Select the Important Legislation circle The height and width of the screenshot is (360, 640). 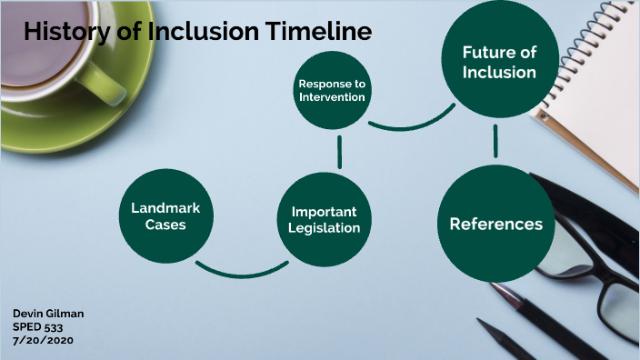325,219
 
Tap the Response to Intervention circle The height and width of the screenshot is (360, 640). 332,90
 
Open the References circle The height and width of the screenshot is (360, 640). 495,224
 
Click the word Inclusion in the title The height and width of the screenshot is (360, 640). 193,31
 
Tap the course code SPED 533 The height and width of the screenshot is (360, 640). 35,326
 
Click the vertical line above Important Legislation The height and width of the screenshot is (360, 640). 338,153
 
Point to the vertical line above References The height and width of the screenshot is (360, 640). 495,141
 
